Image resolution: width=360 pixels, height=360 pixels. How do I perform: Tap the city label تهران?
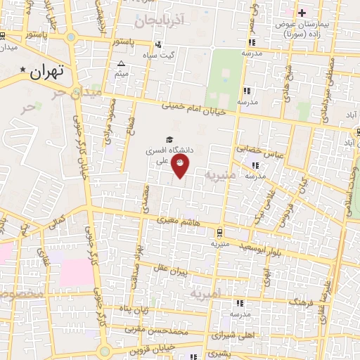click(48, 70)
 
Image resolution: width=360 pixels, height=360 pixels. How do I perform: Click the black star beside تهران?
click(23, 70)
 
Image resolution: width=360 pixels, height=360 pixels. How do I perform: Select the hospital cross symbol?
click(302, 13)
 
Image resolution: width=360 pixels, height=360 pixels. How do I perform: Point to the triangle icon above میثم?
click(121, 64)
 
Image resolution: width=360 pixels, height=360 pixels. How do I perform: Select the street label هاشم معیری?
click(183, 222)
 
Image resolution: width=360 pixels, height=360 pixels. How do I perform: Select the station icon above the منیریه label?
click(219, 232)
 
